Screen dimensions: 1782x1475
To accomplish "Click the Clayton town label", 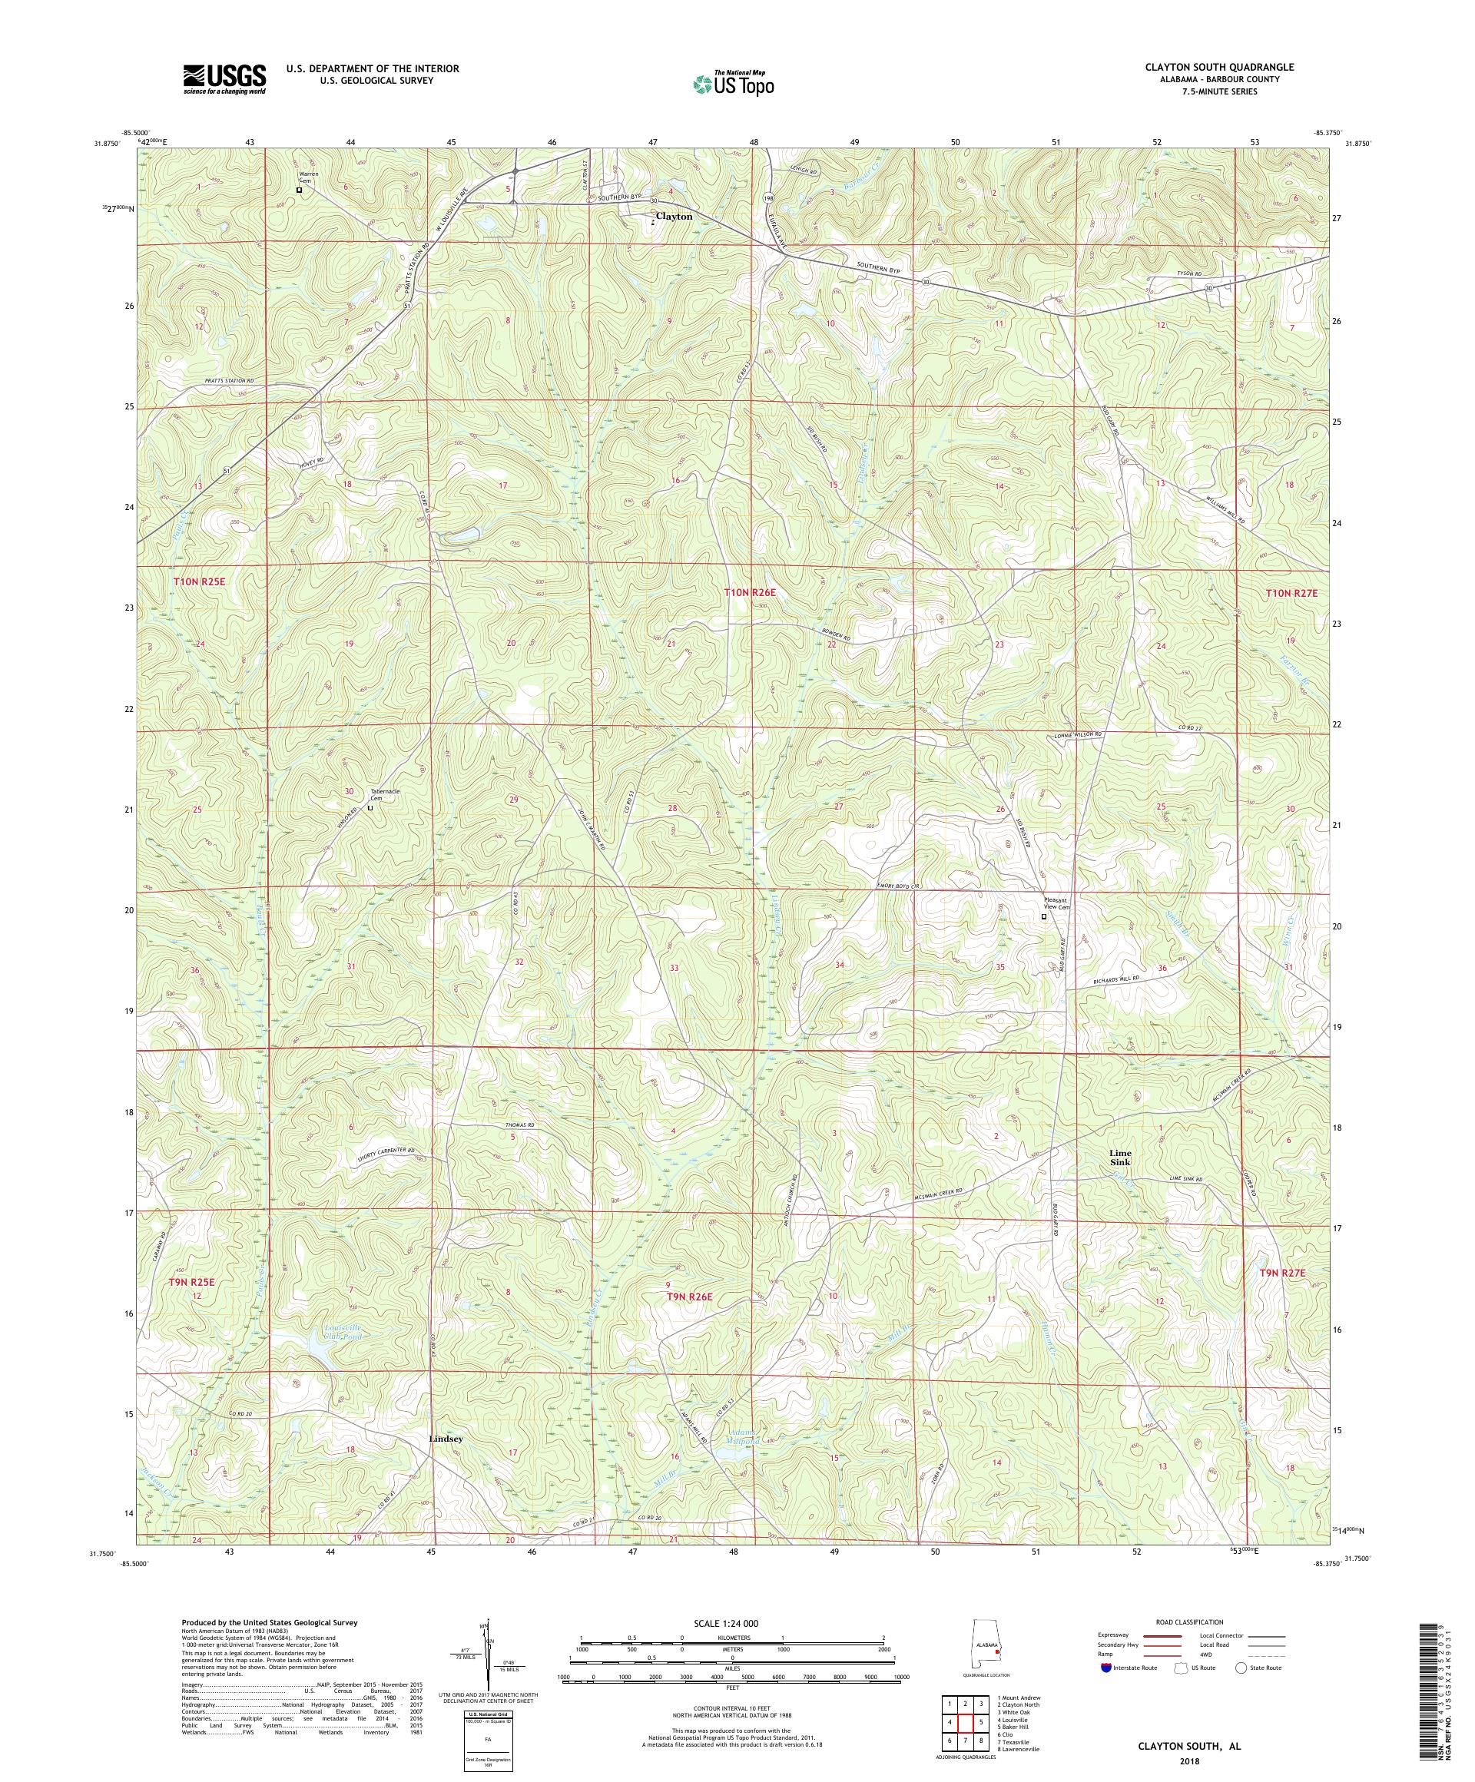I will pyautogui.click(x=674, y=217).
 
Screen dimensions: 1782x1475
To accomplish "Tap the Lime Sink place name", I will pyautogui.click(x=1119, y=1159).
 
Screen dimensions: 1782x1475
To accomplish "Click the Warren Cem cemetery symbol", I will pyautogui.click(x=299, y=190).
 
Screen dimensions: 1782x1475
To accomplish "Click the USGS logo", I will pyautogui.click(x=224, y=79).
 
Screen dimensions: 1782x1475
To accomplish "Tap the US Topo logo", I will pyautogui.click(x=733, y=83).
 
